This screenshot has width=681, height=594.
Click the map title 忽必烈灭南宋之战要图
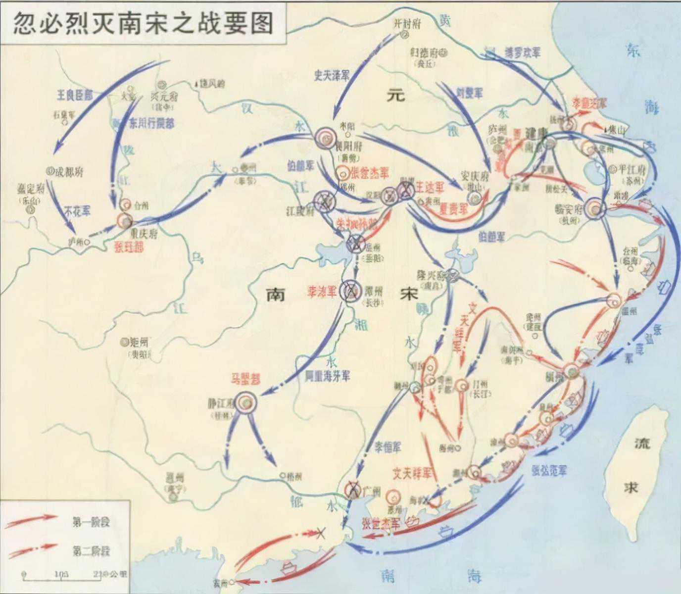coord(143,22)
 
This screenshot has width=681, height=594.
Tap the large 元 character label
coord(396,96)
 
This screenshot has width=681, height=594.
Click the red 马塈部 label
coord(245,379)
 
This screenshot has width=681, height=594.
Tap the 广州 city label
coord(371,491)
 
